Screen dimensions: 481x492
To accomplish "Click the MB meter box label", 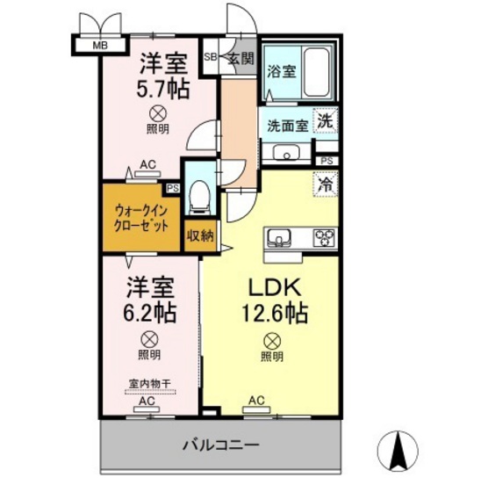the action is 100,46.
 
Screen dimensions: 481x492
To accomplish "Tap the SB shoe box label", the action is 210,57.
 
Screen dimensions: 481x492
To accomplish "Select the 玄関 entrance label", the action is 240,58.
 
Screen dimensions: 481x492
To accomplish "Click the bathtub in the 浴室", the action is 317,72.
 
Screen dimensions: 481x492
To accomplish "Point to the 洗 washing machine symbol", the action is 325,120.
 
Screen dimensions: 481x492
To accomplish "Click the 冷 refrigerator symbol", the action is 325,184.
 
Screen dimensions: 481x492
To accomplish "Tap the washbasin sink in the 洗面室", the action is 286,153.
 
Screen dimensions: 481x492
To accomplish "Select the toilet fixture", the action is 200,197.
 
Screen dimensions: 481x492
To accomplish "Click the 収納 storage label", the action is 200,235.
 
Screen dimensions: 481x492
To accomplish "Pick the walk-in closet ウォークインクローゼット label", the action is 141,218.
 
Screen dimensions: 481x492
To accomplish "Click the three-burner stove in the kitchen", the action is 324,237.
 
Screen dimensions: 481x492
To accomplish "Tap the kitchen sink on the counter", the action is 278,237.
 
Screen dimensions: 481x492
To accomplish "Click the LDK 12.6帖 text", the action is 275,300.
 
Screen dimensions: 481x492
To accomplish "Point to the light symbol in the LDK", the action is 272,341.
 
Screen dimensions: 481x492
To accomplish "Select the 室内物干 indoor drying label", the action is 150,383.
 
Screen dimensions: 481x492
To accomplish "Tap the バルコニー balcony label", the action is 221,445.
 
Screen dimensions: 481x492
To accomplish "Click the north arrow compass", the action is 398,452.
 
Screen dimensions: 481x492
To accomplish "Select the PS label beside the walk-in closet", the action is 173,188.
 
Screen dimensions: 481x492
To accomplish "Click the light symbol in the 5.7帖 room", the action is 158,114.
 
